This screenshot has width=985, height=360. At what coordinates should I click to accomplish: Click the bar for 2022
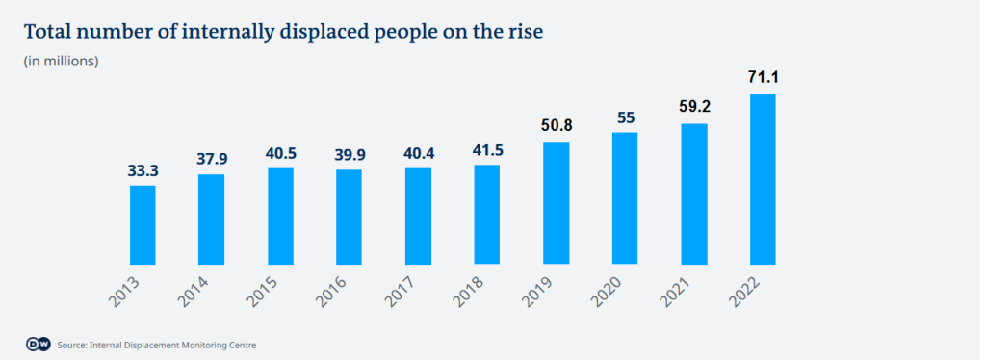pos(763,178)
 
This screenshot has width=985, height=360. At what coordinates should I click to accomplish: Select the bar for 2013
pos(143,223)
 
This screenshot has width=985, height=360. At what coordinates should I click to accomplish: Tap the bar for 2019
pos(556,202)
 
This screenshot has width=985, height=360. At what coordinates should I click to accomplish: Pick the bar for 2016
pos(350,216)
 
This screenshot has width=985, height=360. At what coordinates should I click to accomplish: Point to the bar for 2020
pos(625,197)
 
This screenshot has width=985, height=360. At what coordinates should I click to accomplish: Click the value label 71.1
pos(763,77)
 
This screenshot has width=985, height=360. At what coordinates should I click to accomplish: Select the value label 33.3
pos(143,169)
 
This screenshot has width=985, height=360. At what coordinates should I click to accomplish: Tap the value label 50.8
pos(556,125)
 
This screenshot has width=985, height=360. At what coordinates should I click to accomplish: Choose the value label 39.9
pos(350,153)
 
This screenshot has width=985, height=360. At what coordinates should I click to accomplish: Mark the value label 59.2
pos(693,107)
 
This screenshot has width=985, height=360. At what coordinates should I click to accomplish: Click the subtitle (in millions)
pos(61,62)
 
